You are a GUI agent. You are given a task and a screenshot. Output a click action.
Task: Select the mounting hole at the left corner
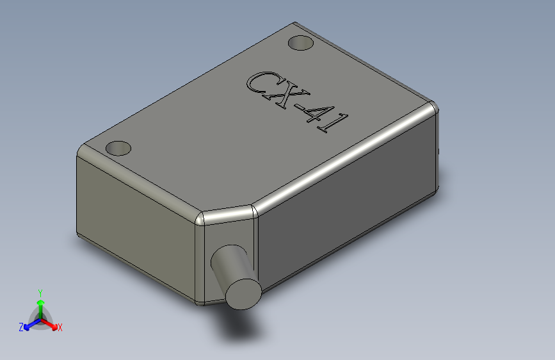pos(118,149)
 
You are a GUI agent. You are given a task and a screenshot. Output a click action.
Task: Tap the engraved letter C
pos(259,85)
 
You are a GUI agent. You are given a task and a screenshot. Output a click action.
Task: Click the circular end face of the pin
pos(243,293)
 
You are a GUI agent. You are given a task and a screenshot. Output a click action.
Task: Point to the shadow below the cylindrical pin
pos(240,327)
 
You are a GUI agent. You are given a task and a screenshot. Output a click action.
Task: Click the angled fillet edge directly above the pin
pos(227,214)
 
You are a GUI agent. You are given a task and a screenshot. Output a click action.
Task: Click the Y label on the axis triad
pos(40,292)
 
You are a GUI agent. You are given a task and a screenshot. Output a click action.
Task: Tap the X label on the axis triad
pos(60,327)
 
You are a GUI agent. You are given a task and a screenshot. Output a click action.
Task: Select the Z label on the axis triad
pos(21,327)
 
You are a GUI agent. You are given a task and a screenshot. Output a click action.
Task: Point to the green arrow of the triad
pos(40,304)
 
